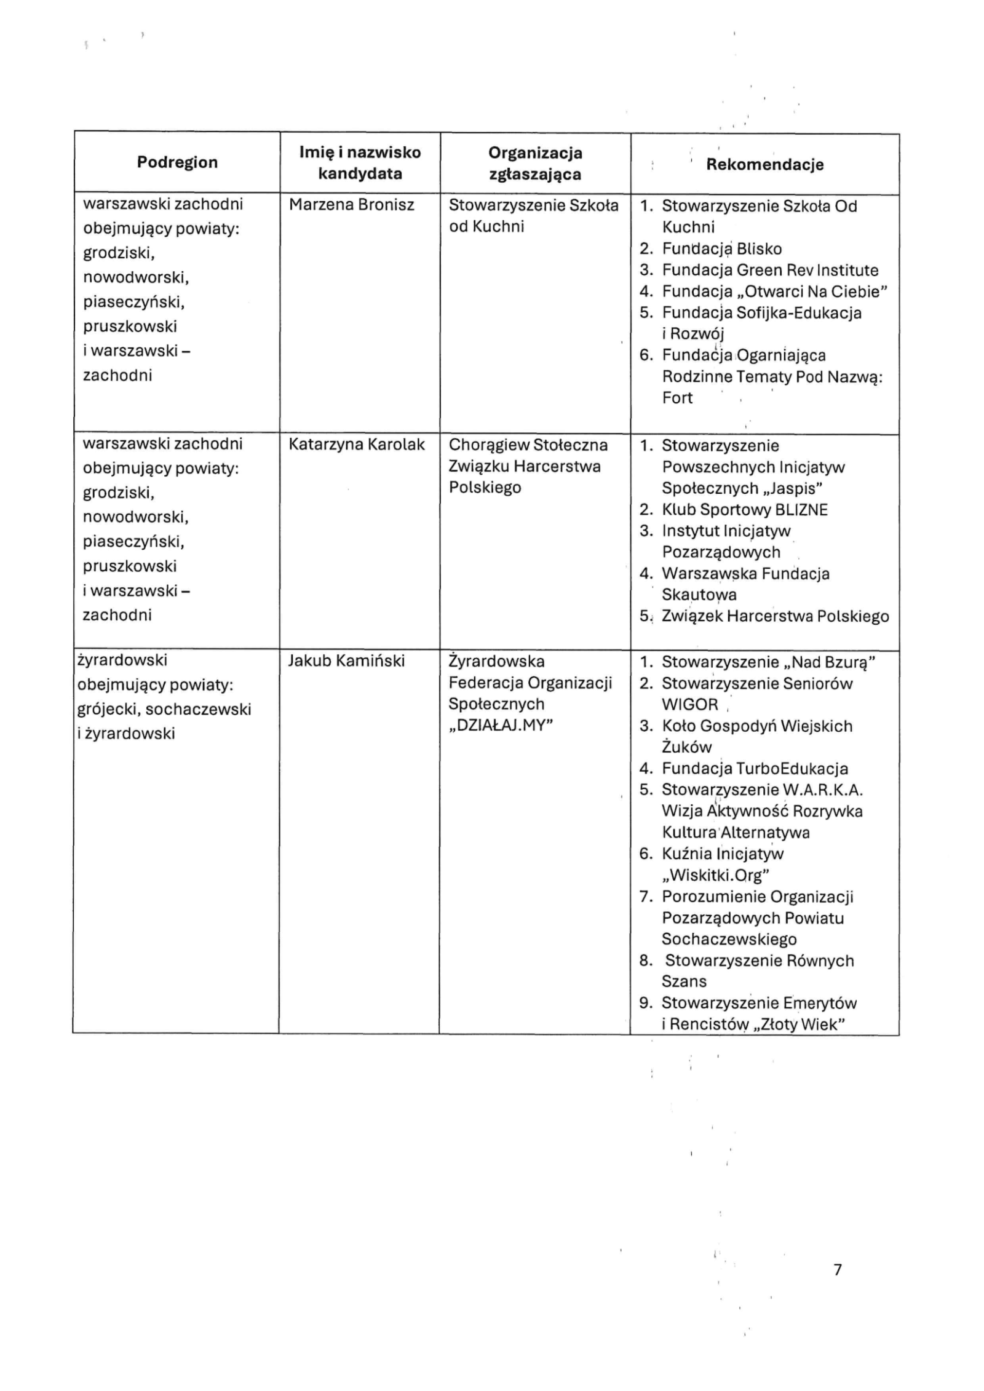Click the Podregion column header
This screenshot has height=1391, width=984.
click(177, 162)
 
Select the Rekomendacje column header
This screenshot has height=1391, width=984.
click(764, 164)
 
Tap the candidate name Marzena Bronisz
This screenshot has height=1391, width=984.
click(351, 205)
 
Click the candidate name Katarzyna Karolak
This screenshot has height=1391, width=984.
click(357, 444)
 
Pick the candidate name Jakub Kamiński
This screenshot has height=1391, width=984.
click(346, 660)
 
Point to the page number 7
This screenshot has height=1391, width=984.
click(837, 1270)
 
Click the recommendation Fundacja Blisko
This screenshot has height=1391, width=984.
click(721, 248)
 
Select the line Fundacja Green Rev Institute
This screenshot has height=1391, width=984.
click(770, 270)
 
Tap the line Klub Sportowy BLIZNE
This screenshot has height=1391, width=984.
click(745, 509)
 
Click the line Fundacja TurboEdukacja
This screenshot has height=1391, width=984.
click(755, 768)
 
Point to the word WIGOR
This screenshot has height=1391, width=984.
click(690, 705)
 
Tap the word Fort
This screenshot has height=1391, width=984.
click(677, 398)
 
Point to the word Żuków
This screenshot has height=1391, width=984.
click(687, 747)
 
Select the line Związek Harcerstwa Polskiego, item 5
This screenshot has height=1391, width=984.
click(775, 616)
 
